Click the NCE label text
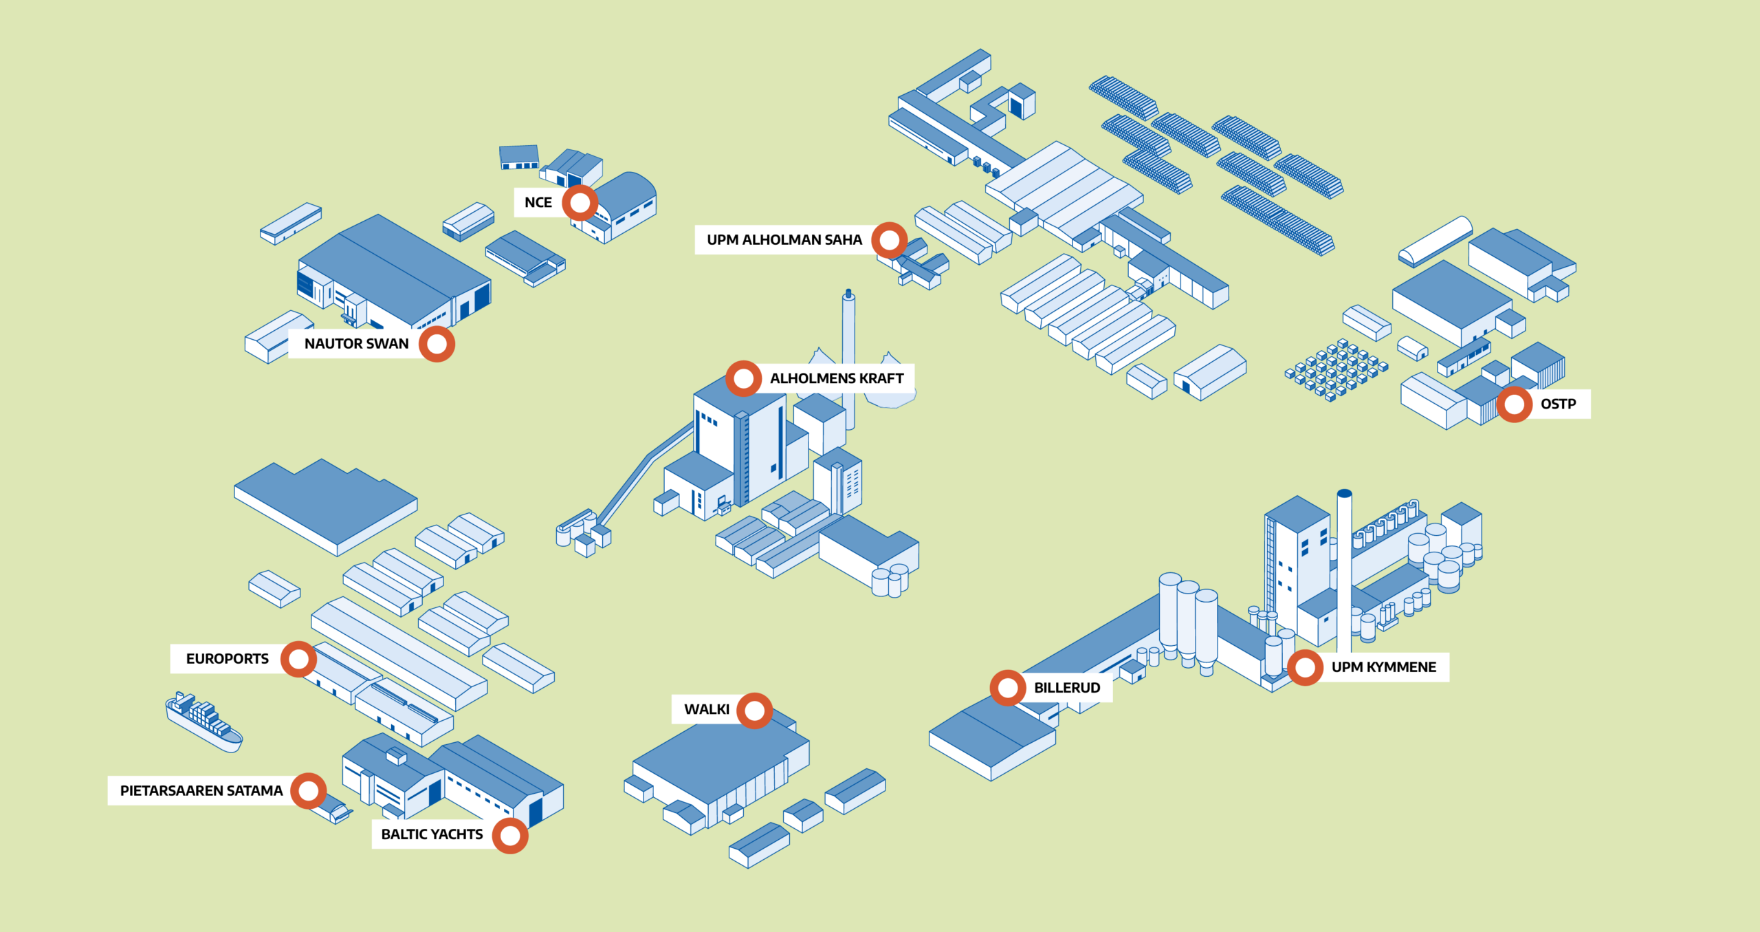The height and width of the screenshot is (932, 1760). (538, 202)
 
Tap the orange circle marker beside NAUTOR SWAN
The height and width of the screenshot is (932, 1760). (437, 344)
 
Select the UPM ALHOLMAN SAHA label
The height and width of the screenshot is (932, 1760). (784, 239)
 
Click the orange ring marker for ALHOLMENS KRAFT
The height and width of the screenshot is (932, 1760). (743, 378)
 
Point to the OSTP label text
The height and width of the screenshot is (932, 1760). (1558, 404)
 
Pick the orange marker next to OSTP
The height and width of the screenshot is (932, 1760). (1514, 404)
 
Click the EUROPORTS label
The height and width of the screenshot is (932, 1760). (228, 659)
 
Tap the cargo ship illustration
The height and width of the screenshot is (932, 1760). (204, 722)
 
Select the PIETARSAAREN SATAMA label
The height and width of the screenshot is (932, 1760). (201, 791)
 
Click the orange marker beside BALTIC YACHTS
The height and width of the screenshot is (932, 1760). (510, 836)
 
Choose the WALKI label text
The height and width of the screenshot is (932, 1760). (707, 709)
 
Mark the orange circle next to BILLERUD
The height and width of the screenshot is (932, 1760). (1008, 688)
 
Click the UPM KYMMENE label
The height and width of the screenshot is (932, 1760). (1383, 667)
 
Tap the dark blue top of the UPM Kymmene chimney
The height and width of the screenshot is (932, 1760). (1345, 494)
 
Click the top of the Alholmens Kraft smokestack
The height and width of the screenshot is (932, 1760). (849, 294)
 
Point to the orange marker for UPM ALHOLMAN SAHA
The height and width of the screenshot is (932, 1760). (890, 240)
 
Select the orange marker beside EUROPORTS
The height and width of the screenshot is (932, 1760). (298, 659)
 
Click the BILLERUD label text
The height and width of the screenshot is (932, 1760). (1067, 688)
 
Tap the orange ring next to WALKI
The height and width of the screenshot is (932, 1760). (755, 711)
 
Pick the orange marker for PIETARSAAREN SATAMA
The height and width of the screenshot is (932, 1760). (308, 791)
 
